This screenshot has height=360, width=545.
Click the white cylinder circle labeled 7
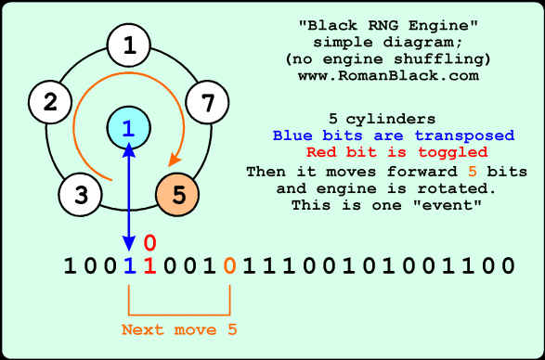208,102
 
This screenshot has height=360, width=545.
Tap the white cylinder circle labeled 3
81,195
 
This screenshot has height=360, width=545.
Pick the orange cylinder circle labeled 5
178,195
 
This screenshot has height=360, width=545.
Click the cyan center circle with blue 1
128,130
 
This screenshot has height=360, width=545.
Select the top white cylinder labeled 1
129,45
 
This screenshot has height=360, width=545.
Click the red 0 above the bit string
149,243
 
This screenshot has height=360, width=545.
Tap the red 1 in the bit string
149,266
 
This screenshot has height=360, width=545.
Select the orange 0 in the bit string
229,266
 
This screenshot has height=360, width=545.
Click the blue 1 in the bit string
128,266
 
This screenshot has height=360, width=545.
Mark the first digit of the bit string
68,266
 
